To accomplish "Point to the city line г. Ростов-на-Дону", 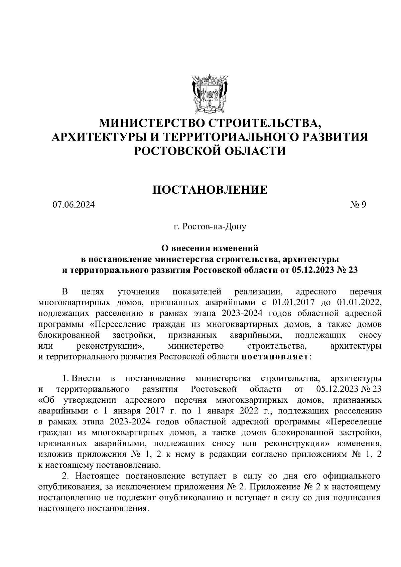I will click(x=210, y=227).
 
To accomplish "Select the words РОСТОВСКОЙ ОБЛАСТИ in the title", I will click(x=210, y=151).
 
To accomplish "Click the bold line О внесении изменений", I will click(x=210, y=248).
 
